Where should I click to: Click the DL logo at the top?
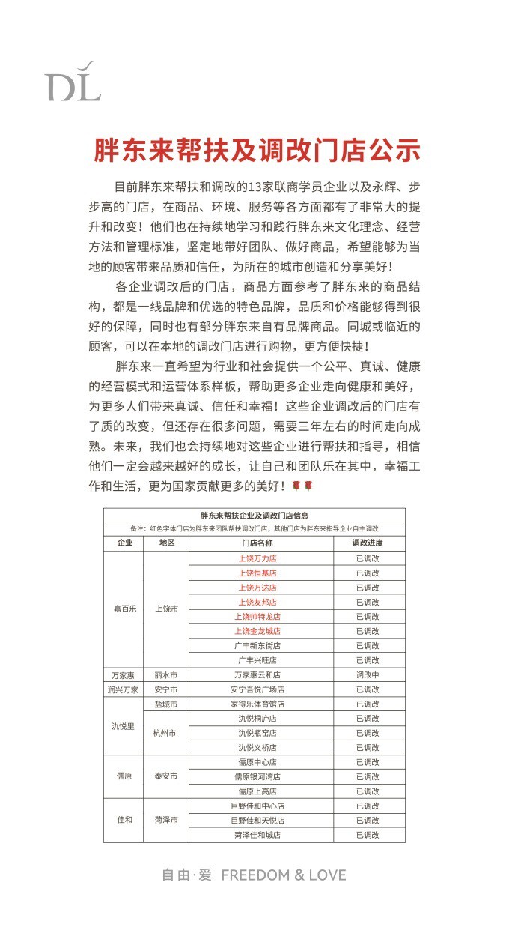(x=73, y=82)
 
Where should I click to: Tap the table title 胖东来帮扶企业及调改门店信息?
(x=254, y=516)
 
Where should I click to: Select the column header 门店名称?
(x=257, y=543)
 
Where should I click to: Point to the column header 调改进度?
(x=368, y=543)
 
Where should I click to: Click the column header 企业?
(x=124, y=543)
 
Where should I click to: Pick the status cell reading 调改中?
(x=368, y=674)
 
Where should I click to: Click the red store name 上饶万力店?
(x=257, y=558)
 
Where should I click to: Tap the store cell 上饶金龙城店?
(x=257, y=631)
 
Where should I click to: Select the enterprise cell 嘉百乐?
(x=124, y=609)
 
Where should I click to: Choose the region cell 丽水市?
(x=166, y=674)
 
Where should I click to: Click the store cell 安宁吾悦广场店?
(x=257, y=689)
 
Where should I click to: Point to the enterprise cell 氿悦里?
(x=124, y=725)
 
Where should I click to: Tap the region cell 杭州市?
(x=166, y=733)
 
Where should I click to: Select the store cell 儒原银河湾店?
(x=257, y=776)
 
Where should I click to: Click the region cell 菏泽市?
(x=166, y=820)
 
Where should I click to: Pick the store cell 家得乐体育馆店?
(x=257, y=704)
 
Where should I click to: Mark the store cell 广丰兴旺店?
(x=257, y=660)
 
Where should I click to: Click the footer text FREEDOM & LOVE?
(x=284, y=875)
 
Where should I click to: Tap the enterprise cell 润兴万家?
(x=124, y=689)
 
